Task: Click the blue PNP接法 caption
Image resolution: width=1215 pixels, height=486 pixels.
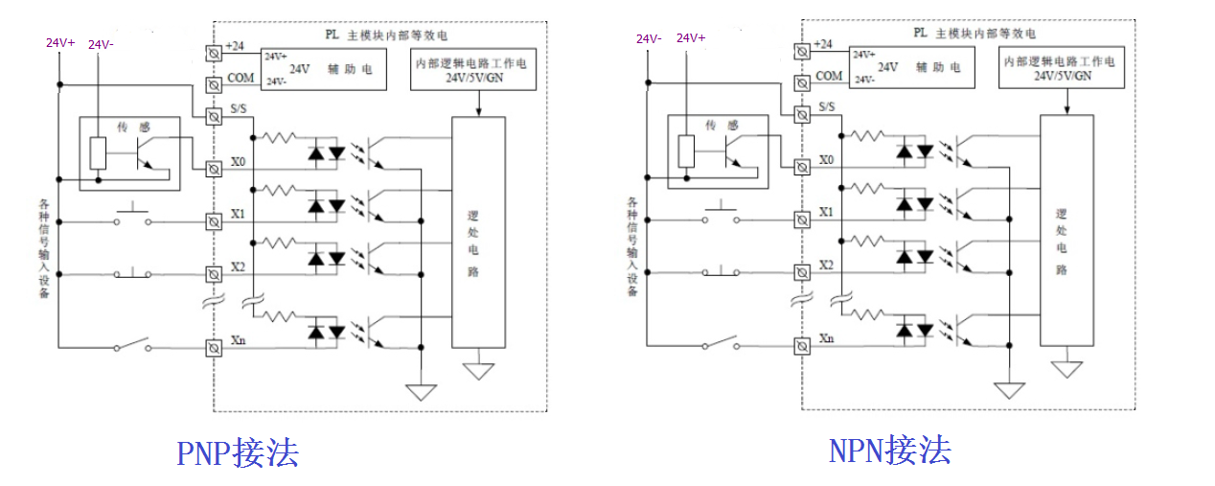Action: tap(237, 451)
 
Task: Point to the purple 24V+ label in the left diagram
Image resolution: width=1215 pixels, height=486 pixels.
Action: tap(60, 43)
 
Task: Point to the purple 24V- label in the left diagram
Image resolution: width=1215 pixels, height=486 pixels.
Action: tap(101, 44)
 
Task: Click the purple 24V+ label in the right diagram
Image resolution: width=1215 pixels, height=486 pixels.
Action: tap(691, 38)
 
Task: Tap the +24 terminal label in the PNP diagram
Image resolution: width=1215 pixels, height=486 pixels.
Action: tap(236, 46)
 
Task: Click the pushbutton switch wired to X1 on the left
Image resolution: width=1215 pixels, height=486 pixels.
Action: tap(133, 219)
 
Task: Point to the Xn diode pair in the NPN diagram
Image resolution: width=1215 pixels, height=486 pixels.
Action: tap(914, 331)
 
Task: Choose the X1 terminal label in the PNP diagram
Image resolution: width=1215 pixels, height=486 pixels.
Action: tap(239, 212)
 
